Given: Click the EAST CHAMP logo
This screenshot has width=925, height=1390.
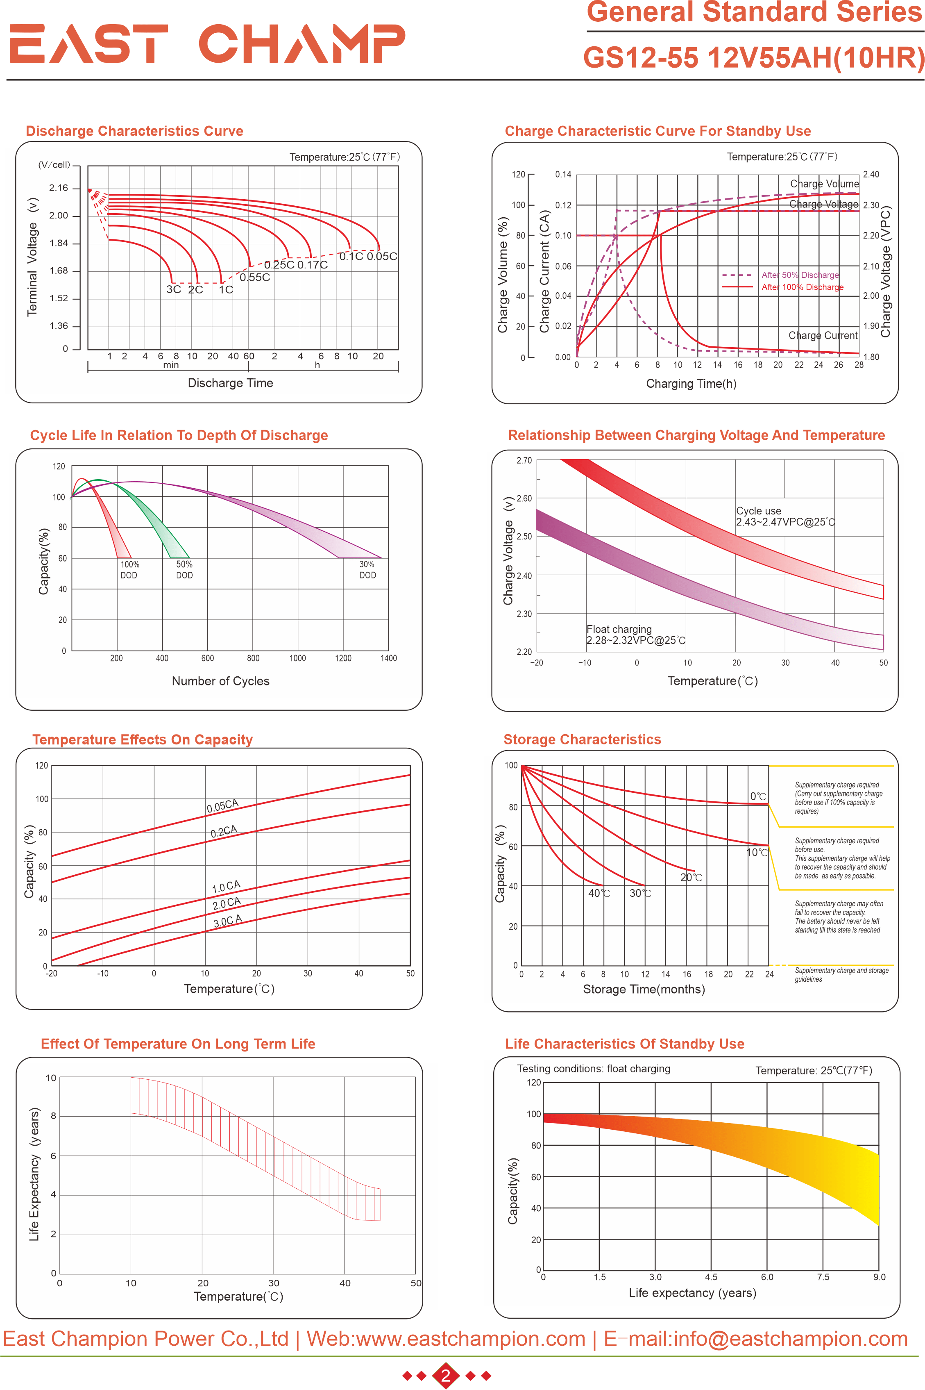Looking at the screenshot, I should (x=207, y=44).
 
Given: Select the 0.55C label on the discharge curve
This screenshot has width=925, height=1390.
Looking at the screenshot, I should (x=255, y=278).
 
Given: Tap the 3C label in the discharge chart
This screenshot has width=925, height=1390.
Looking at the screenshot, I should (x=173, y=289).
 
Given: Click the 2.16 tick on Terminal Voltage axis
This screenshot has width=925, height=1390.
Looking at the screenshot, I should (x=59, y=188).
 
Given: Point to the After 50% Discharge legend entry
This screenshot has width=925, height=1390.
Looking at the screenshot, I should (x=799, y=275).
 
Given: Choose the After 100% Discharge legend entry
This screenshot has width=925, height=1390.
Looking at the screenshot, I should (x=802, y=287).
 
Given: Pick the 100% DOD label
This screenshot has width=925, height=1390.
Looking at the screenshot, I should (x=129, y=570).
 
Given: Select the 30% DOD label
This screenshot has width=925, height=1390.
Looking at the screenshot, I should (x=367, y=570).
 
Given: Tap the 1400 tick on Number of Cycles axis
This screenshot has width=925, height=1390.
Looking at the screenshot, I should (x=388, y=658).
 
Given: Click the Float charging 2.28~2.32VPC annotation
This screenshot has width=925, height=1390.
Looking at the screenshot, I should (x=635, y=635).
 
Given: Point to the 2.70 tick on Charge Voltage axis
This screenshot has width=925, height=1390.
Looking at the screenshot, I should (x=524, y=460).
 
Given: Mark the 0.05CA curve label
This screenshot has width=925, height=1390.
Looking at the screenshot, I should (x=222, y=805).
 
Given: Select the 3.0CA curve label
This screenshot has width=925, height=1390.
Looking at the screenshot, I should (x=227, y=921).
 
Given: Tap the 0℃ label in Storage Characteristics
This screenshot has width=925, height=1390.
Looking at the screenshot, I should (x=758, y=796).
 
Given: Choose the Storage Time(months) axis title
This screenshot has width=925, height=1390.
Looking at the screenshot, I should (x=644, y=989).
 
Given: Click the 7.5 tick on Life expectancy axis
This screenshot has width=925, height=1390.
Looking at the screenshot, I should (x=823, y=1277).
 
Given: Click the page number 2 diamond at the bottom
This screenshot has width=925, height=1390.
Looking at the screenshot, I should (x=446, y=1376).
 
